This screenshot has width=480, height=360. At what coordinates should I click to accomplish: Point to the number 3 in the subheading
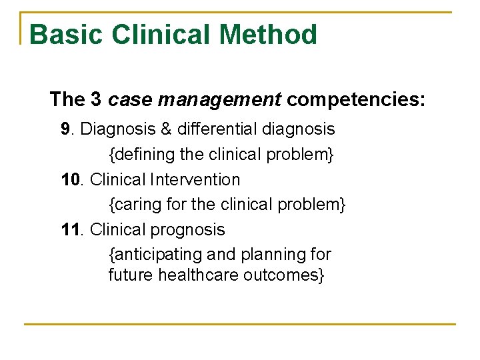[95, 100]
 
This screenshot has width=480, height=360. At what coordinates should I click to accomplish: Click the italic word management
[220, 100]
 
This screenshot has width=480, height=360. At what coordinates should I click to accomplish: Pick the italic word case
[130, 100]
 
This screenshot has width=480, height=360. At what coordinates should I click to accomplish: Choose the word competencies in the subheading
[356, 100]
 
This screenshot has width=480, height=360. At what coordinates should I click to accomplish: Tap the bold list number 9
[65, 128]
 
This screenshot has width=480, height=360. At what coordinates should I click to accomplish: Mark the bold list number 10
[70, 179]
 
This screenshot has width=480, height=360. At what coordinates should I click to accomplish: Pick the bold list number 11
[70, 230]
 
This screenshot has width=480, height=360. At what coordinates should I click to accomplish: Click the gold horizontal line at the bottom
[240, 324]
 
